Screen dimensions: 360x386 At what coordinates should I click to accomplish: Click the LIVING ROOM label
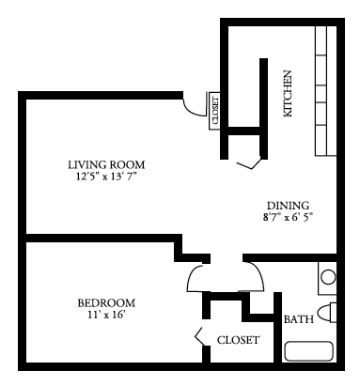[x=106, y=164]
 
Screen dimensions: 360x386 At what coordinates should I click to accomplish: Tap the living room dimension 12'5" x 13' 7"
[x=106, y=177]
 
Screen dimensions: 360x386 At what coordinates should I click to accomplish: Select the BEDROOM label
[x=106, y=303]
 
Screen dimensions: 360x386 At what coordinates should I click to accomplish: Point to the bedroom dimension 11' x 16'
[x=106, y=315]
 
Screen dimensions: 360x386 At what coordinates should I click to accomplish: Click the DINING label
[x=288, y=206]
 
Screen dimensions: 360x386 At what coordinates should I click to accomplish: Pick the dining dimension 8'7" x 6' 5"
[x=288, y=217]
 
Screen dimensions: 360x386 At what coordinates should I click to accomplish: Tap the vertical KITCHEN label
[x=288, y=94]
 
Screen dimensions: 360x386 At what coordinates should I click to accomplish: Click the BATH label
[x=299, y=319]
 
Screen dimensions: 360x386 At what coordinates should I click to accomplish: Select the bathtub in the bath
[x=308, y=351]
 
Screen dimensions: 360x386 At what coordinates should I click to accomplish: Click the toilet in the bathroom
[x=327, y=313]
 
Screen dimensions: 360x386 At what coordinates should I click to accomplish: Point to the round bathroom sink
[x=328, y=277]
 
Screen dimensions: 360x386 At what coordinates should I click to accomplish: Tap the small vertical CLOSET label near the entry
[x=215, y=111]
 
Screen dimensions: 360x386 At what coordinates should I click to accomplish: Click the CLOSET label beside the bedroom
[x=238, y=340]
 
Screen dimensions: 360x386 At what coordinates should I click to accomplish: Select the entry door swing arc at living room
[x=189, y=111]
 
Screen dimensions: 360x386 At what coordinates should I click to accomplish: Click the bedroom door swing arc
[x=190, y=275]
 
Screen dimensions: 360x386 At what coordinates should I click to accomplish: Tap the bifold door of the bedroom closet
[x=200, y=337]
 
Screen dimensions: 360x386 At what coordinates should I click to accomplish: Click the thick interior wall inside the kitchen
[x=264, y=109]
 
